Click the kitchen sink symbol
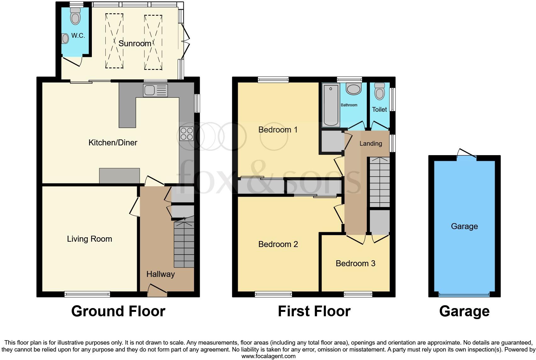[155, 91]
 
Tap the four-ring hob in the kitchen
[186, 133]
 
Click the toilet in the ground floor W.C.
[75, 16]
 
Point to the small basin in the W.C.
[65, 39]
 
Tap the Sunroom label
[135, 43]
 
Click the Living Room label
[89, 239]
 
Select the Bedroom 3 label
[355, 263]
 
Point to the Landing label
[371, 143]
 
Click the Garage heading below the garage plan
[464, 311]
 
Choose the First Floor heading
[314, 311]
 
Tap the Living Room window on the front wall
[87, 294]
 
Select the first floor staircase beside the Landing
[380, 182]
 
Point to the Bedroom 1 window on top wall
[273, 80]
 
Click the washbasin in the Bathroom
[354, 89]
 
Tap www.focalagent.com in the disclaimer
[268, 356]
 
